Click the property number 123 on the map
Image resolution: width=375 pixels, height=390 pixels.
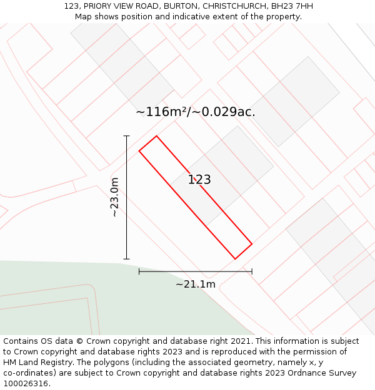199,180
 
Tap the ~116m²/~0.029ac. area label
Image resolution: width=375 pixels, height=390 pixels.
196,112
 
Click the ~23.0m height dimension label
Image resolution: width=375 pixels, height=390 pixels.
114,197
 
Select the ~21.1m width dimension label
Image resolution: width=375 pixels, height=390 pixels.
196,285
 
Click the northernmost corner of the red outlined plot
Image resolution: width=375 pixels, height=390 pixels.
156,136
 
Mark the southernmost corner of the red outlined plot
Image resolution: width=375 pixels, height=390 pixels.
235,259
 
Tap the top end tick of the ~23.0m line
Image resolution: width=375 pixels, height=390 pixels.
127,135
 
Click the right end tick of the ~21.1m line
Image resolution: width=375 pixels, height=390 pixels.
252,271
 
